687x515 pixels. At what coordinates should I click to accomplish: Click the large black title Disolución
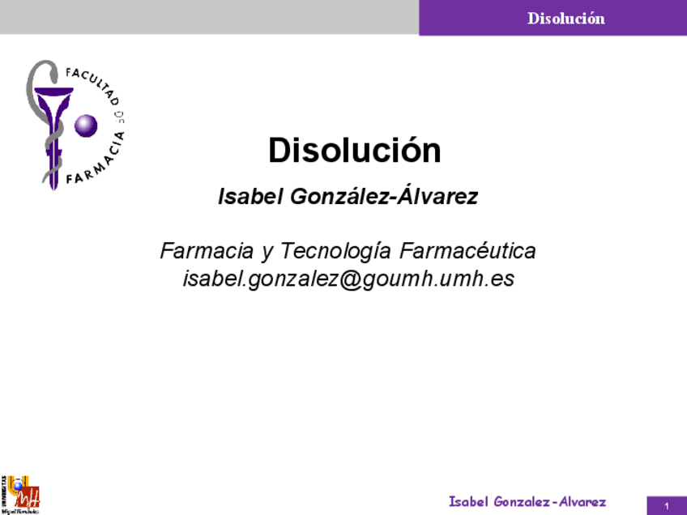355,151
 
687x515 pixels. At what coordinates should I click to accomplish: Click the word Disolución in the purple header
566,18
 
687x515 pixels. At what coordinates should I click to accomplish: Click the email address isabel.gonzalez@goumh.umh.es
349,279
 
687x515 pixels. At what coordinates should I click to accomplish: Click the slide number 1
666,506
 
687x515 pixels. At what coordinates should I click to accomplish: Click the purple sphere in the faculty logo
86,126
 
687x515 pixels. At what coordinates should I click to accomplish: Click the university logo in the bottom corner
20,495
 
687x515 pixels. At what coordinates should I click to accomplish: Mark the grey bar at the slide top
209,17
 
